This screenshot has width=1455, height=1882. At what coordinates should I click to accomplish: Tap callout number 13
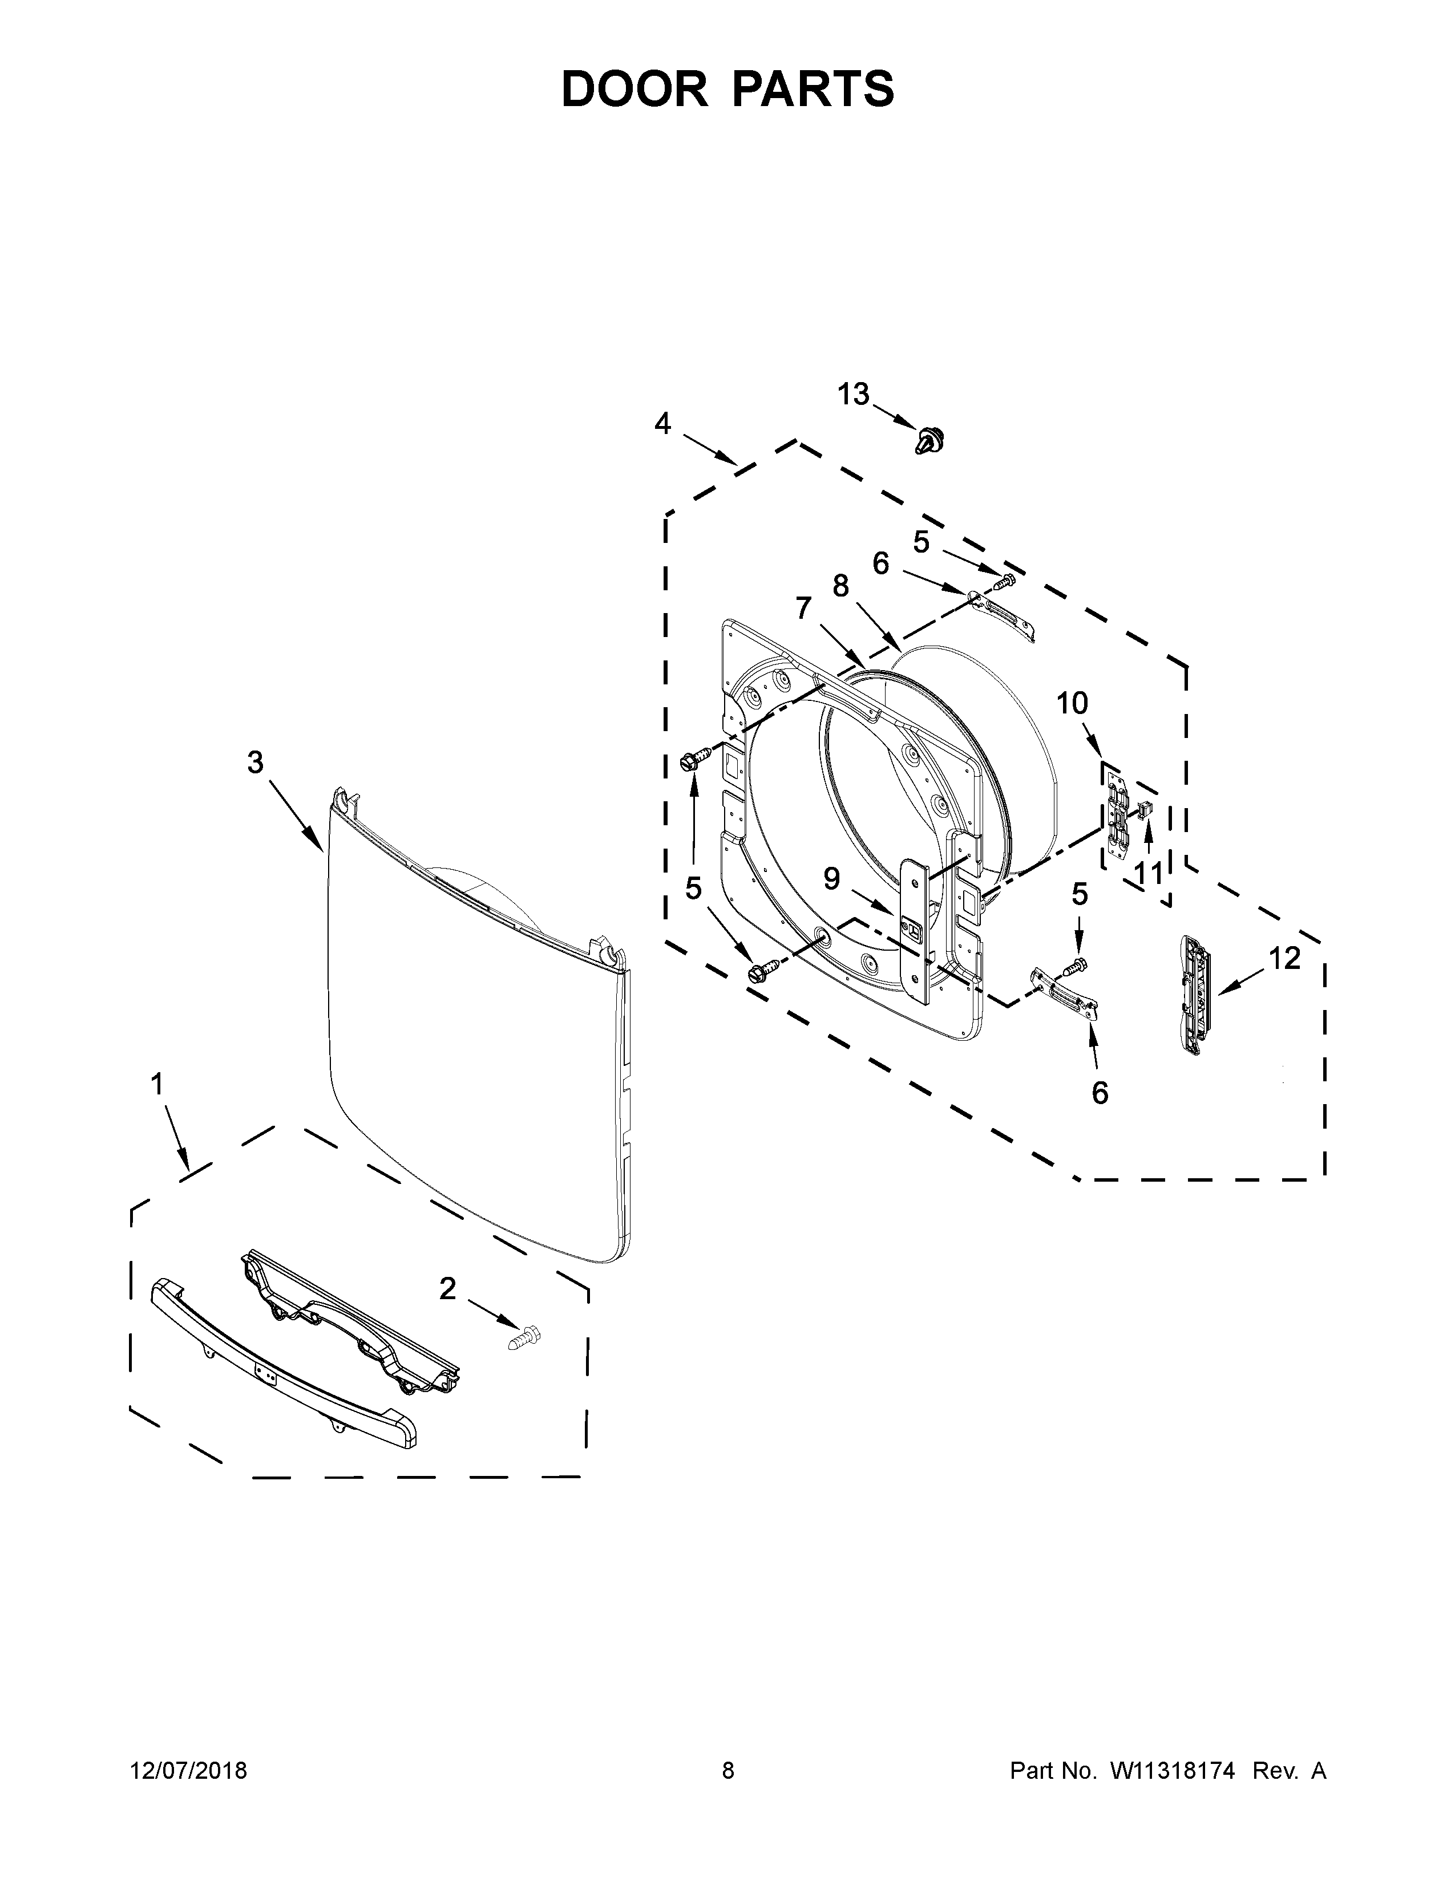point(854,394)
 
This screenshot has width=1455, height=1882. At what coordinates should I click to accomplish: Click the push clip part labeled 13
point(929,441)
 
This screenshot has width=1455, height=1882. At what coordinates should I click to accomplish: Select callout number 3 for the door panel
point(255,762)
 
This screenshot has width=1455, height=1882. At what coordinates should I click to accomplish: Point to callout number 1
point(157,1084)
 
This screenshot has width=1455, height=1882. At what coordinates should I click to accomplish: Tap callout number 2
point(447,1289)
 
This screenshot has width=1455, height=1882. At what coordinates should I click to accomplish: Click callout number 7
point(803,609)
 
